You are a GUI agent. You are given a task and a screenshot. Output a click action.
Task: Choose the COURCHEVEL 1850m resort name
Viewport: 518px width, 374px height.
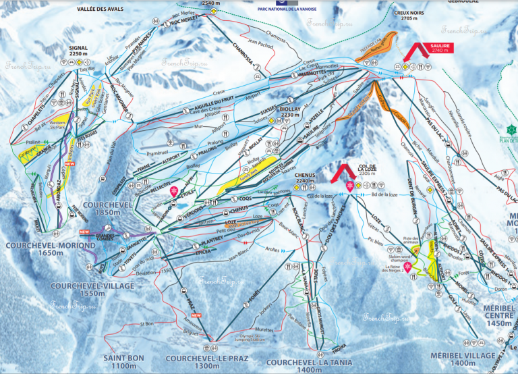pos(105,208)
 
